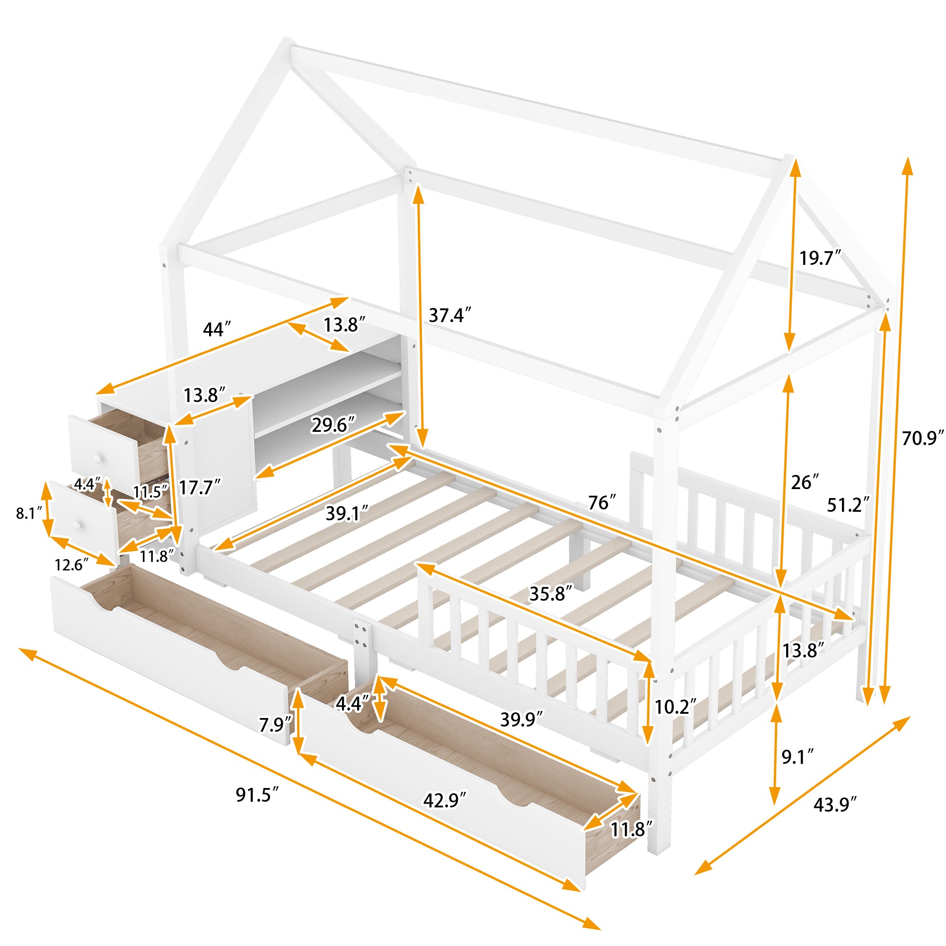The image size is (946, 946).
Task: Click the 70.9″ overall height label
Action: pos(922,439)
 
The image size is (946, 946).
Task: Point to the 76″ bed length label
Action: pos(602,503)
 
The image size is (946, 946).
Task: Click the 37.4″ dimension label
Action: pos(450,316)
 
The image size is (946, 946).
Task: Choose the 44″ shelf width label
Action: pos(217,330)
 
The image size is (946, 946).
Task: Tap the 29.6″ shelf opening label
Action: pos(333,425)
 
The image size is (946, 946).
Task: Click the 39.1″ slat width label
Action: pos(347,514)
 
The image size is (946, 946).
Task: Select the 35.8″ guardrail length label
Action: pos(551,594)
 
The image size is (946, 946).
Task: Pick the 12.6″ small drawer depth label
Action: pos(71,565)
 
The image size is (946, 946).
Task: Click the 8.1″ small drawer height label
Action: pos(26,513)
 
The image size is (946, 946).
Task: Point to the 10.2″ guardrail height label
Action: pos(675,707)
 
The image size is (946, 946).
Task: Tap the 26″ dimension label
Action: pos(805,482)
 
